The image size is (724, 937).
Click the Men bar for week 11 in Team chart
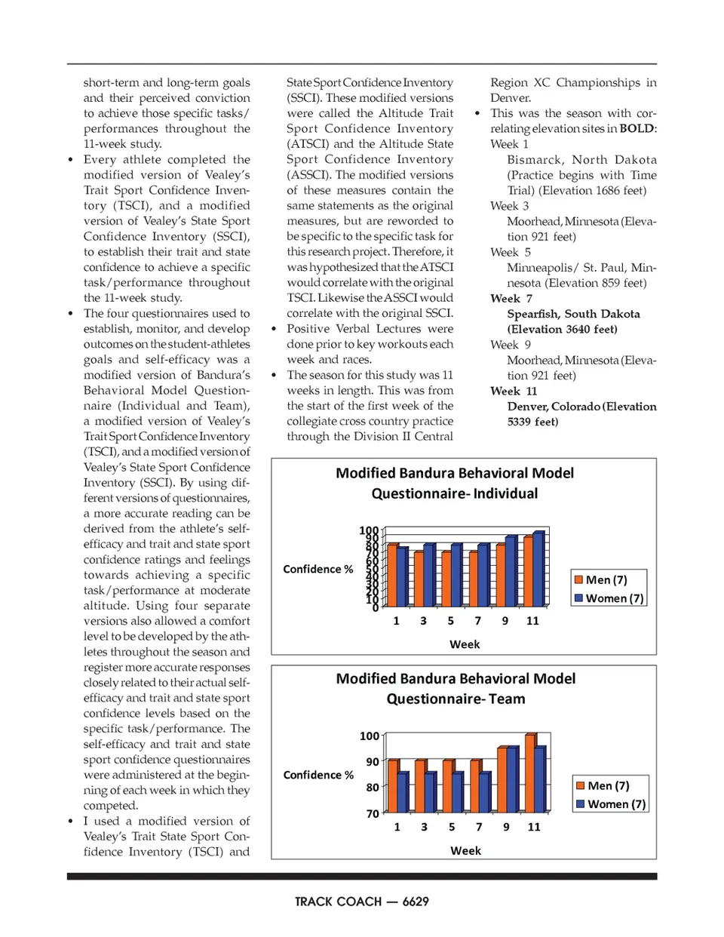tap(531, 773)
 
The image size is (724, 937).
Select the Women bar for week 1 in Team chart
tap(403, 792)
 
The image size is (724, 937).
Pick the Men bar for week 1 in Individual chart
tap(392, 575)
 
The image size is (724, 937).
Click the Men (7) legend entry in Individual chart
tap(600, 580)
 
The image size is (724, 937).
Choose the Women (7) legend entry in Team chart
tap(611, 804)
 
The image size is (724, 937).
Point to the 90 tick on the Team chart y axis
tap(373, 762)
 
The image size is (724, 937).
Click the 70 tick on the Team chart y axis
tap(373, 814)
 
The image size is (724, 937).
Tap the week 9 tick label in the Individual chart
tap(505, 621)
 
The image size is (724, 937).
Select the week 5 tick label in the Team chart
tap(452, 827)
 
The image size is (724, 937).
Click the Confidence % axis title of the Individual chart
tap(318, 570)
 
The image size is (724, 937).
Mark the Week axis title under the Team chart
tap(465, 851)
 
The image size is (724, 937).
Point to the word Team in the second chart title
tap(507, 699)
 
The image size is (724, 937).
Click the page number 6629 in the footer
tap(416, 902)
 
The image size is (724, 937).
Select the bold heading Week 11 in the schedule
tap(514, 391)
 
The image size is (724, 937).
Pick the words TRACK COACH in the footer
tap(338, 902)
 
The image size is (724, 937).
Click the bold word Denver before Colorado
tap(526, 407)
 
